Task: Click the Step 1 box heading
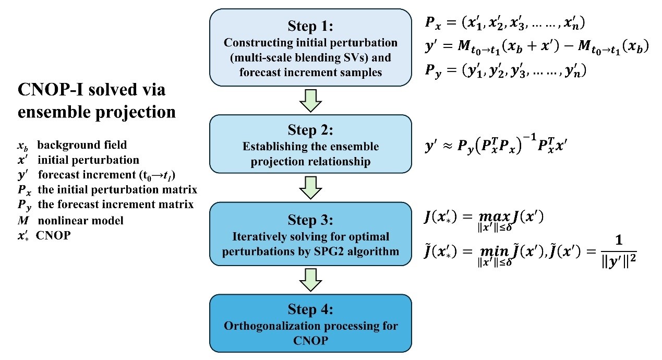point(310,26)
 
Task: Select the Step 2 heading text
point(310,130)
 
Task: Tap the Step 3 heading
point(310,218)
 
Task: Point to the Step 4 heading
point(310,310)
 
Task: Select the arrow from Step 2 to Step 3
point(310,188)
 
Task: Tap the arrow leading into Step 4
point(310,281)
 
